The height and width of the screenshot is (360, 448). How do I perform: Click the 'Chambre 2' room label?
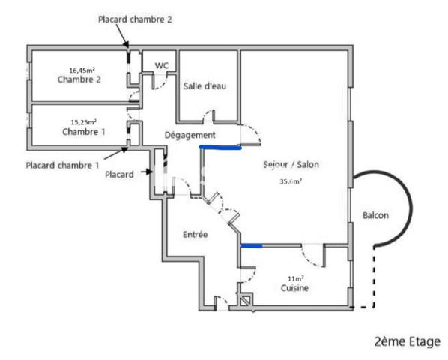coord(79,79)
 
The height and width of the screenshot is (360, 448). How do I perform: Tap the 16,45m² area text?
coord(82,70)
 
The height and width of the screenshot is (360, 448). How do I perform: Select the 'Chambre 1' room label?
coord(83,131)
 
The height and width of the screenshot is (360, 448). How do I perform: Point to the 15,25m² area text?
coord(83,121)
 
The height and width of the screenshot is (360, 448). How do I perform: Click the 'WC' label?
coord(161,66)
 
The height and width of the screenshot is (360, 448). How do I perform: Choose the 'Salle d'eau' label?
coord(205,86)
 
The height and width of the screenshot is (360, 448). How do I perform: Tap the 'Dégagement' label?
coord(190,135)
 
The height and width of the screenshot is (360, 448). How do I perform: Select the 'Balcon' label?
coord(375,215)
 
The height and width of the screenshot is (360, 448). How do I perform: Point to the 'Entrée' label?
coord(195,235)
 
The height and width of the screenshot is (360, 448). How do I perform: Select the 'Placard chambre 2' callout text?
coord(135,19)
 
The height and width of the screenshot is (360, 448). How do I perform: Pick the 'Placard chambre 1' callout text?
coord(61,165)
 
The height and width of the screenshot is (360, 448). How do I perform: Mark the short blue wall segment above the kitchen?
coord(251,244)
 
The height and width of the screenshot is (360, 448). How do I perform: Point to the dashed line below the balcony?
coord(366,307)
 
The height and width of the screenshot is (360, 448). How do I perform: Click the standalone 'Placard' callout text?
coord(119,175)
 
